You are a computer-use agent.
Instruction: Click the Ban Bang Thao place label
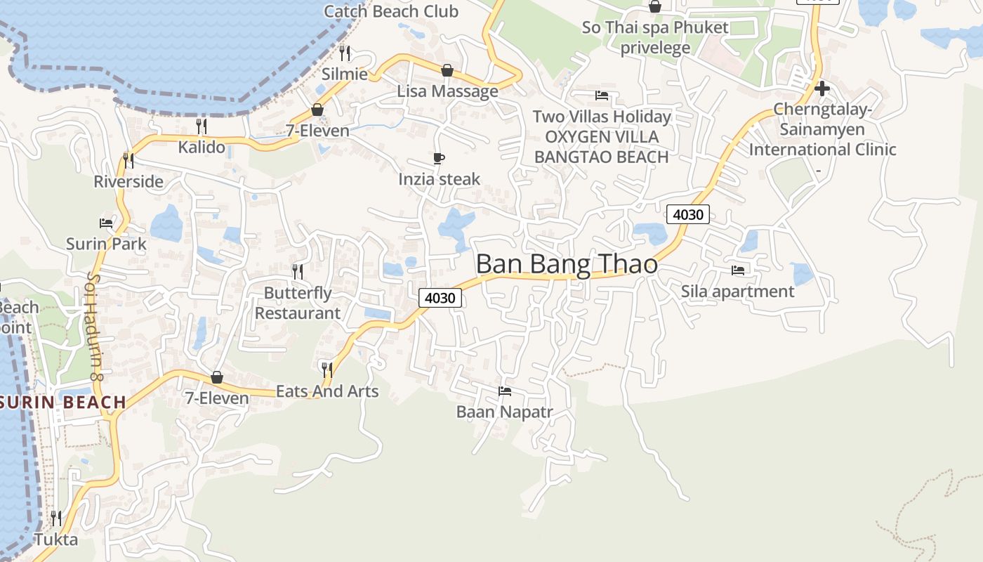point(567,264)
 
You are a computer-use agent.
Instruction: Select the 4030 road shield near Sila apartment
point(687,214)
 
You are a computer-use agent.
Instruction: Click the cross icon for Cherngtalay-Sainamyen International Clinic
point(822,89)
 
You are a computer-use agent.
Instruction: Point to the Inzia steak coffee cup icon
point(439,159)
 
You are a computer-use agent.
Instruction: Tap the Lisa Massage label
point(447,91)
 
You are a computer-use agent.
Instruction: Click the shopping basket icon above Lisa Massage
point(447,70)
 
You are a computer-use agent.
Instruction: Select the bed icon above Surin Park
point(106,223)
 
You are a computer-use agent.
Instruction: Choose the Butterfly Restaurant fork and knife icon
point(298,271)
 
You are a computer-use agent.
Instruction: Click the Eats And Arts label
point(327,391)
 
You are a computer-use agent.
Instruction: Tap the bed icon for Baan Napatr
point(504,391)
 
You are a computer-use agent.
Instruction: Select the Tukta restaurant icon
point(55,518)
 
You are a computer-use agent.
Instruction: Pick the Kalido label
point(202,147)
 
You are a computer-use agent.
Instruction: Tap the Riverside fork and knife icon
point(128,160)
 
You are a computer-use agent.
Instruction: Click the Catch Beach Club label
point(391,11)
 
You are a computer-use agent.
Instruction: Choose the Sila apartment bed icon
point(738,270)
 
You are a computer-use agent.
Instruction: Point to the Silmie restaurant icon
point(345,53)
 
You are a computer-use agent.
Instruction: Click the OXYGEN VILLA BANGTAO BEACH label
point(602,147)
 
